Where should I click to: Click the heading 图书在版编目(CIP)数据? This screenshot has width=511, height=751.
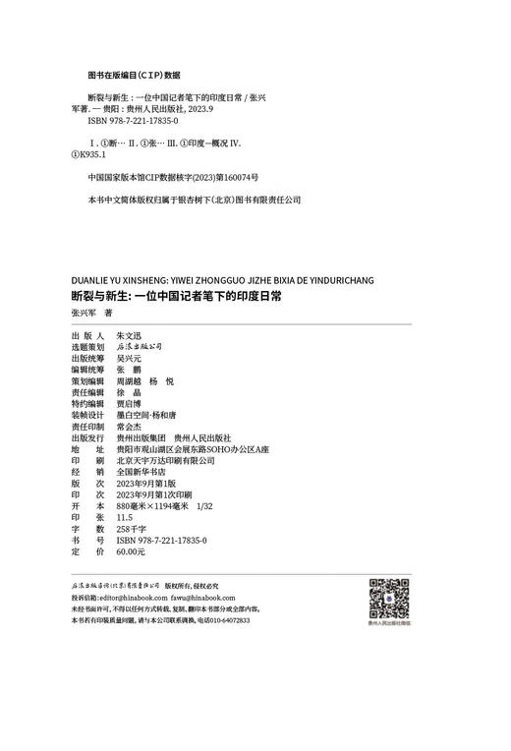point(134,74)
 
